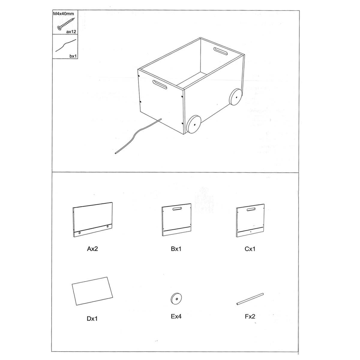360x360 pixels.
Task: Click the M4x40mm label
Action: tap(64, 13)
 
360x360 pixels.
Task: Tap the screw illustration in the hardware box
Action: tap(66, 24)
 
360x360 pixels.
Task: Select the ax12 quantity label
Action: tap(71, 32)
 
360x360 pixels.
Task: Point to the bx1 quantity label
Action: tap(73, 56)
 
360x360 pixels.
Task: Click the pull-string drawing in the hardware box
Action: tap(66, 45)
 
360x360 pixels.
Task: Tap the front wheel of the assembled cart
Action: tap(194, 124)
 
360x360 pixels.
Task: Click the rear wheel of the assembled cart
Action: tap(236, 97)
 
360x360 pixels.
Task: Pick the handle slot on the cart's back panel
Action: tap(220, 51)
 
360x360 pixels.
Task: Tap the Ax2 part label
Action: tap(92, 249)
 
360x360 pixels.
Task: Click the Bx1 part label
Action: tap(176, 249)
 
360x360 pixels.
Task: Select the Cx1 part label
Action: tap(250, 249)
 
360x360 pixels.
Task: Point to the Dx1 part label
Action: tap(92, 319)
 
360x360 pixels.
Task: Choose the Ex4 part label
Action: tap(176, 316)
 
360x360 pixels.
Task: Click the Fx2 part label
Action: tap(250, 316)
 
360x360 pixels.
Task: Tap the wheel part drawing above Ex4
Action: tap(176, 298)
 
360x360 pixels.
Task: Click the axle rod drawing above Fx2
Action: tap(250, 299)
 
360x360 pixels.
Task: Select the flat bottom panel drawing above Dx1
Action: tap(92, 291)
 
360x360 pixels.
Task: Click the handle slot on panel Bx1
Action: tap(176, 209)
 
